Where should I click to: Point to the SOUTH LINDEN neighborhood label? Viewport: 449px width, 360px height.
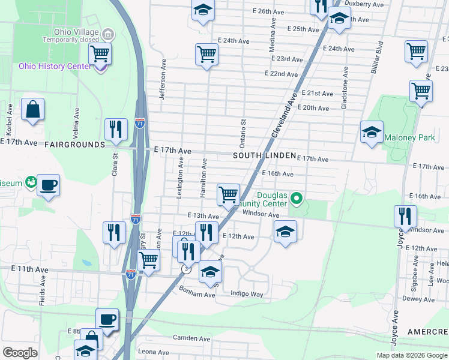[265, 155]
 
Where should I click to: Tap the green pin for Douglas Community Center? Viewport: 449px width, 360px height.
[295, 197]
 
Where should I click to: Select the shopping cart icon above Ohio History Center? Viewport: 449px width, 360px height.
[100, 53]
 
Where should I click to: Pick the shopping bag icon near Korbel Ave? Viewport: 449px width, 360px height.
[32, 110]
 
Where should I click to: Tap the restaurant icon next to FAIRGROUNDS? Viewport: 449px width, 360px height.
[115, 129]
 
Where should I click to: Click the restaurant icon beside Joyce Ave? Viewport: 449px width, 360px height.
[405, 216]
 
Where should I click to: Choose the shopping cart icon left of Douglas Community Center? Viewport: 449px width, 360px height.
[228, 194]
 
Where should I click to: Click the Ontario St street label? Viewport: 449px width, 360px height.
[244, 134]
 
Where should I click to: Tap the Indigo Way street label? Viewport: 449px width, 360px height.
[247, 294]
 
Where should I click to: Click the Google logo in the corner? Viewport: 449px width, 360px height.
[20, 353]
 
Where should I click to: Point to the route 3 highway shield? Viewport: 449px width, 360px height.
[187, 269]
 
